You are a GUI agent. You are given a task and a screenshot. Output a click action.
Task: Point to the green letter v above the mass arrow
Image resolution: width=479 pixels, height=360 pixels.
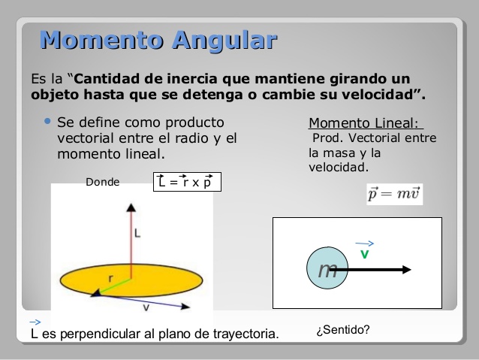(x=364, y=254)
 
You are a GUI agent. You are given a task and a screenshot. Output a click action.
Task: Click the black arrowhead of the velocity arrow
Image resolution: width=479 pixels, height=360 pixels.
(x=405, y=268)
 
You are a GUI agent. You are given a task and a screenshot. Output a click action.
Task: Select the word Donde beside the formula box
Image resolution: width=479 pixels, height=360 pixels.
(x=102, y=182)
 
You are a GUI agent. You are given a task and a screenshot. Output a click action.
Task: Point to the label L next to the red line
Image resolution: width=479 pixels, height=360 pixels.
(x=137, y=234)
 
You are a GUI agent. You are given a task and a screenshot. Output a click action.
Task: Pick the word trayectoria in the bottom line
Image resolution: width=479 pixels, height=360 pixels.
(x=245, y=333)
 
